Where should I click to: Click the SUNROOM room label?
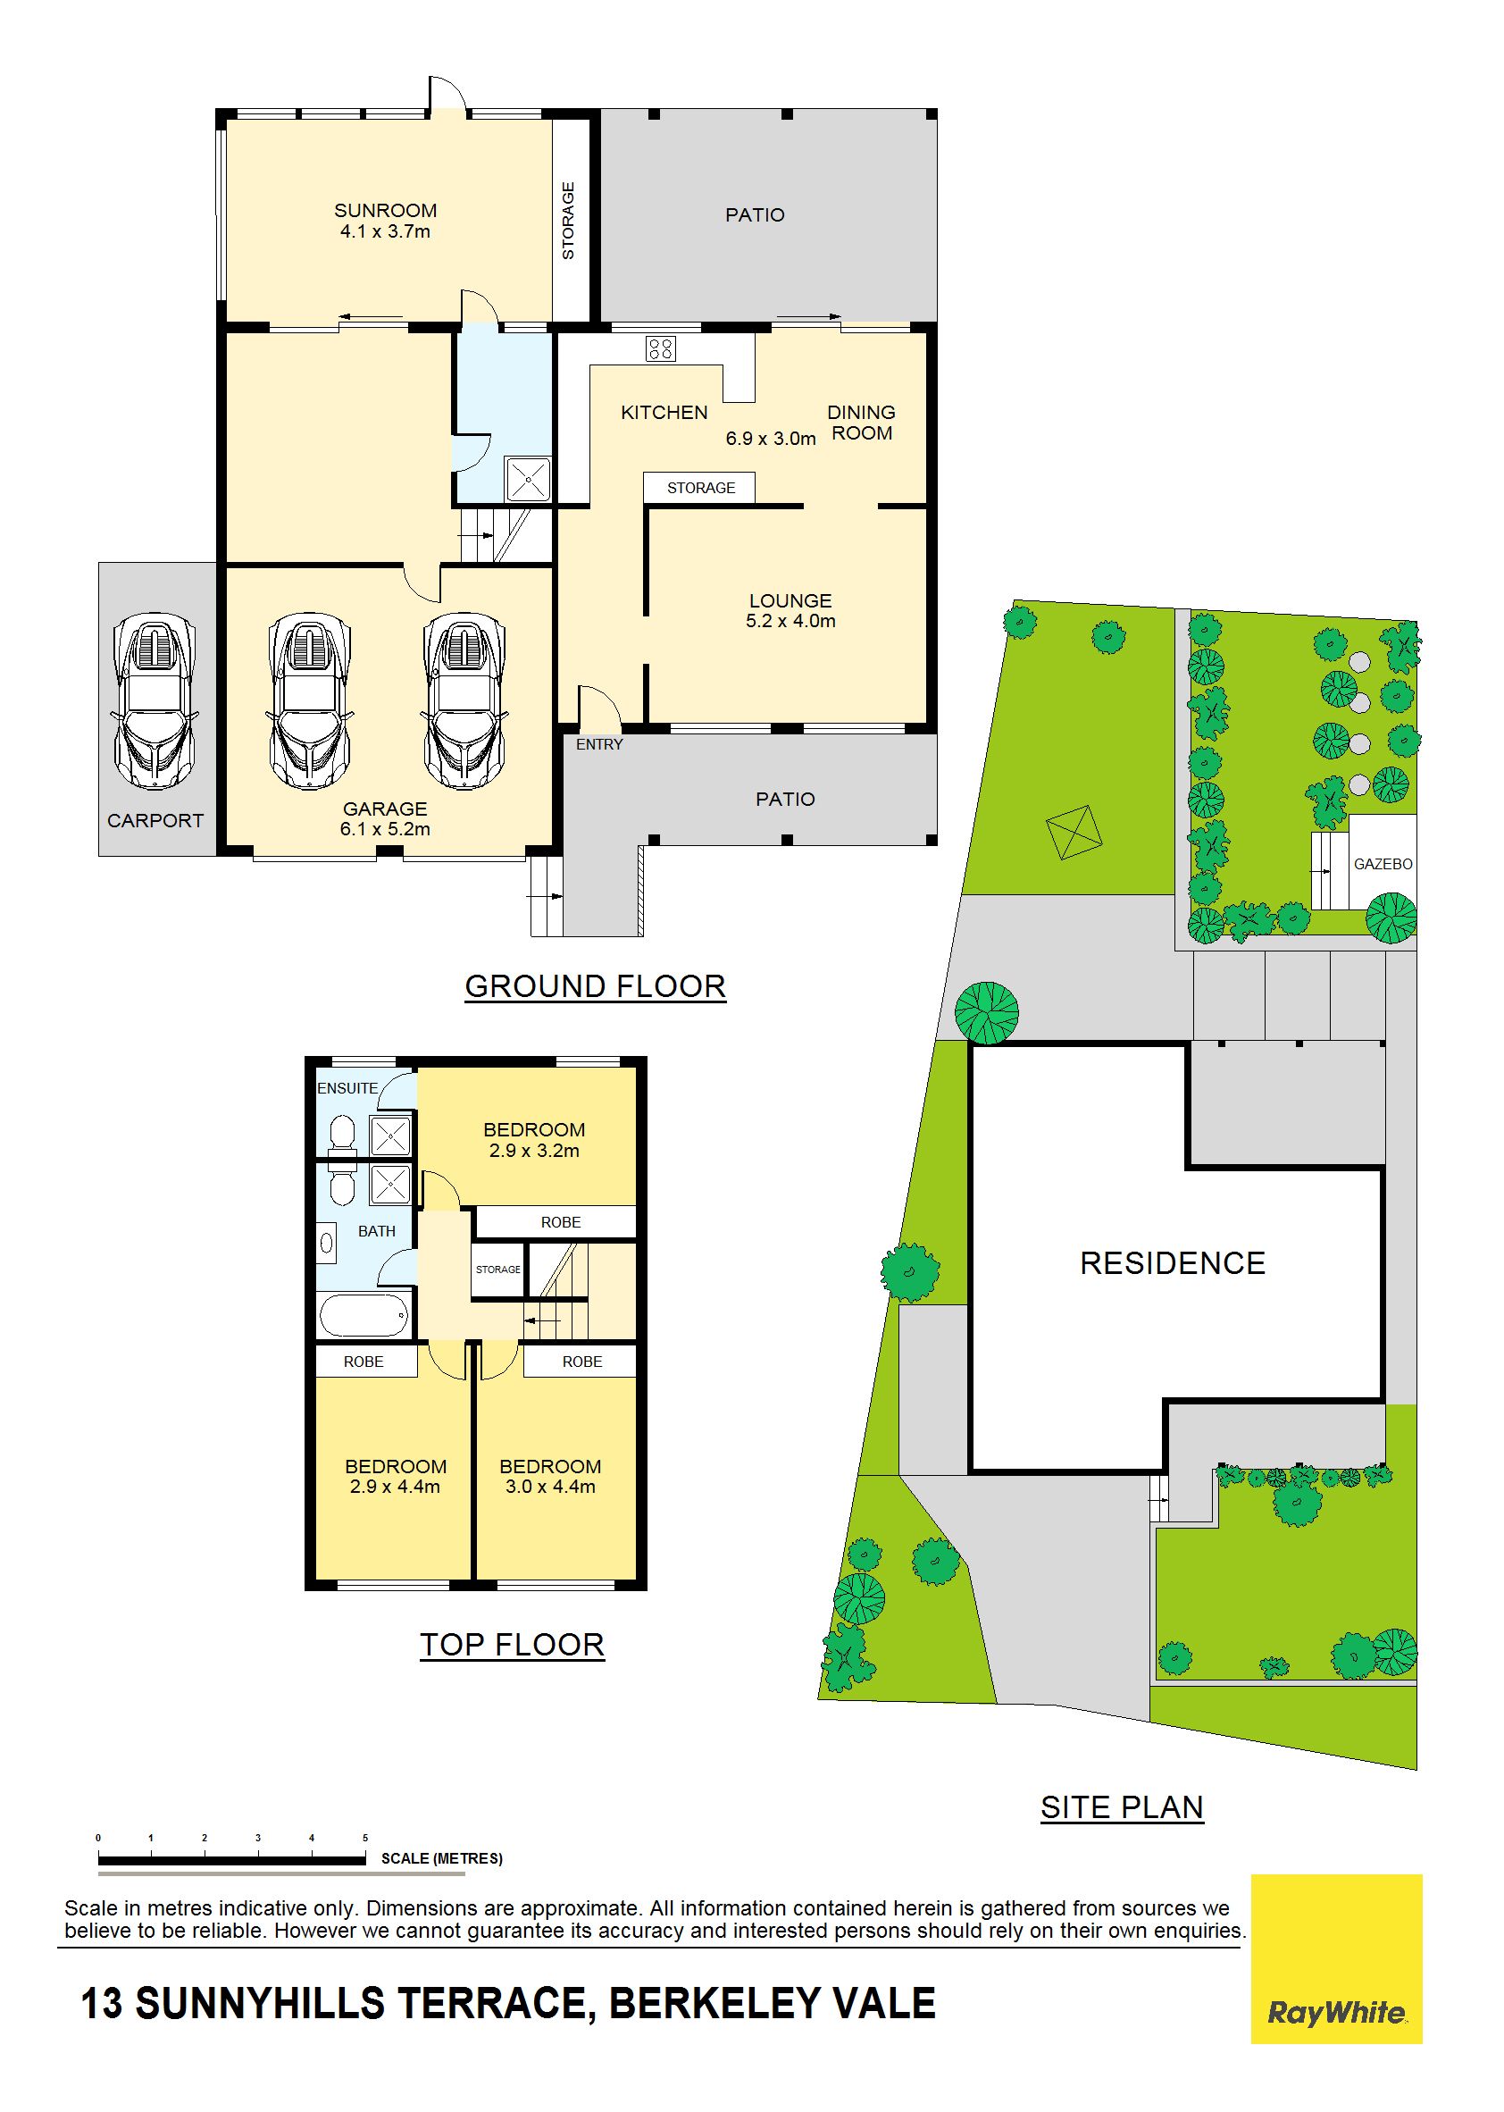click(385, 211)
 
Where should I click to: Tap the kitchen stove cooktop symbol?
click(660, 349)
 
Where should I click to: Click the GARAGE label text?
click(385, 809)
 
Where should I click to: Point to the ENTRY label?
click(599, 744)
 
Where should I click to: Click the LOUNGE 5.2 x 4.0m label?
click(791, 611)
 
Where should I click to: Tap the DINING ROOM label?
click(861, 423)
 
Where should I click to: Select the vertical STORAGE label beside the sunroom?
click(569, 221)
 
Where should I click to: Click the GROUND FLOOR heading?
click(596, 986)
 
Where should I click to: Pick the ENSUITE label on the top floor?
click(347, 1088)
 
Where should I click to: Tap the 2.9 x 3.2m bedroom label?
click(534, 1140)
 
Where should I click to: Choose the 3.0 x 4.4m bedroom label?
click(550, 1477)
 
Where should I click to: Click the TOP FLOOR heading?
click(512, 1645)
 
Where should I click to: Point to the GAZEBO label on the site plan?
click(1383, 864)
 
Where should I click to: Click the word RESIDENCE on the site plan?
click(1173, 1263)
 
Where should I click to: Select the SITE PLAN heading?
click(1122, 1807)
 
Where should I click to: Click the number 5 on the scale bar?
click(365, 1838)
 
